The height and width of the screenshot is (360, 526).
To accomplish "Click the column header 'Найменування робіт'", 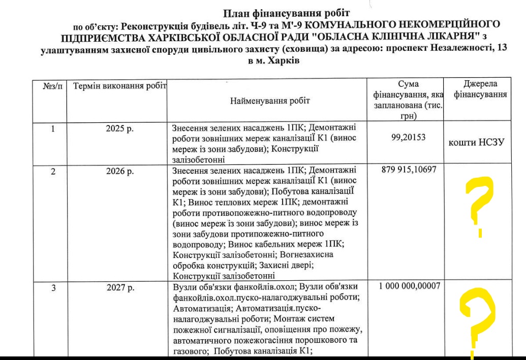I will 270,101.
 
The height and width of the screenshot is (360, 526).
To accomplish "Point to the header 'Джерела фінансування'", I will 480,89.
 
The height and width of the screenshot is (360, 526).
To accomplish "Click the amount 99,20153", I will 405,137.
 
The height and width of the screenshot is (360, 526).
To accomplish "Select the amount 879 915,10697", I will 405,172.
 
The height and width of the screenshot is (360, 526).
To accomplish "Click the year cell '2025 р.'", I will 120,129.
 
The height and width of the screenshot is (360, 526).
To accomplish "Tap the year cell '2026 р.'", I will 120,172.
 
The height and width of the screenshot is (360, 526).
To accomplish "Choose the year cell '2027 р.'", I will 120,288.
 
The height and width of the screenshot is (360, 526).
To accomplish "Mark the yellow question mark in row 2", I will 479,206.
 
